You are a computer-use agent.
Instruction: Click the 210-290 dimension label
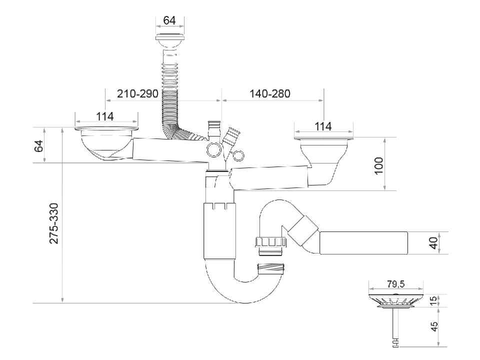tap(137, 94)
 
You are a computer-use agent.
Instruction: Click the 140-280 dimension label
tap(270, 94)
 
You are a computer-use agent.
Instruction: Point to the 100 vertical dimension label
tap(378, 165)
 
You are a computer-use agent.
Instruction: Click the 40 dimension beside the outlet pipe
tap(433, 243)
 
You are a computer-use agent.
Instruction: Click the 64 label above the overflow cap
tap(170, 20)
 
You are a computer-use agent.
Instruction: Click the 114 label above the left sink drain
tap(105, 116)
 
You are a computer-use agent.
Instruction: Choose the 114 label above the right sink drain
tap(323, 127)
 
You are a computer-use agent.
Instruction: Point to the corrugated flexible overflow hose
tap(170, 95)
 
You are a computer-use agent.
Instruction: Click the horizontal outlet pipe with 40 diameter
tap(364, 243)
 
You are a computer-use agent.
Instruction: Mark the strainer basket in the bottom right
tap(395, 300)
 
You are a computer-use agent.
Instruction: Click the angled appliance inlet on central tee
tap(231, 136)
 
